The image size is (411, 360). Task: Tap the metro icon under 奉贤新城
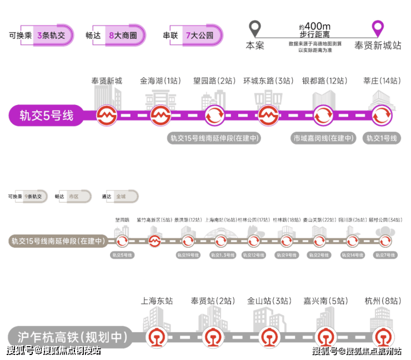[106, 116]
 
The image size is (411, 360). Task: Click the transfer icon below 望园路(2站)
[214, 116]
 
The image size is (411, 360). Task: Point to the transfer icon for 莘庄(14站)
[382, 116]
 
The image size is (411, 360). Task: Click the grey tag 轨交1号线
[382, 138]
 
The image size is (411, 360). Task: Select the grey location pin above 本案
[254, 28]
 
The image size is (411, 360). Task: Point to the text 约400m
[314, 26]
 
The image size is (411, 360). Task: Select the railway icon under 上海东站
[157, 337]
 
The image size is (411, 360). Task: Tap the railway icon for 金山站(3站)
[269, 337]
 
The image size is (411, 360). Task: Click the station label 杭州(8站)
[382, 301]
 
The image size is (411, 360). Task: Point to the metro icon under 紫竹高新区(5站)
[155, 241]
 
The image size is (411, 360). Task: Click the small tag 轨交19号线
[188, 255]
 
